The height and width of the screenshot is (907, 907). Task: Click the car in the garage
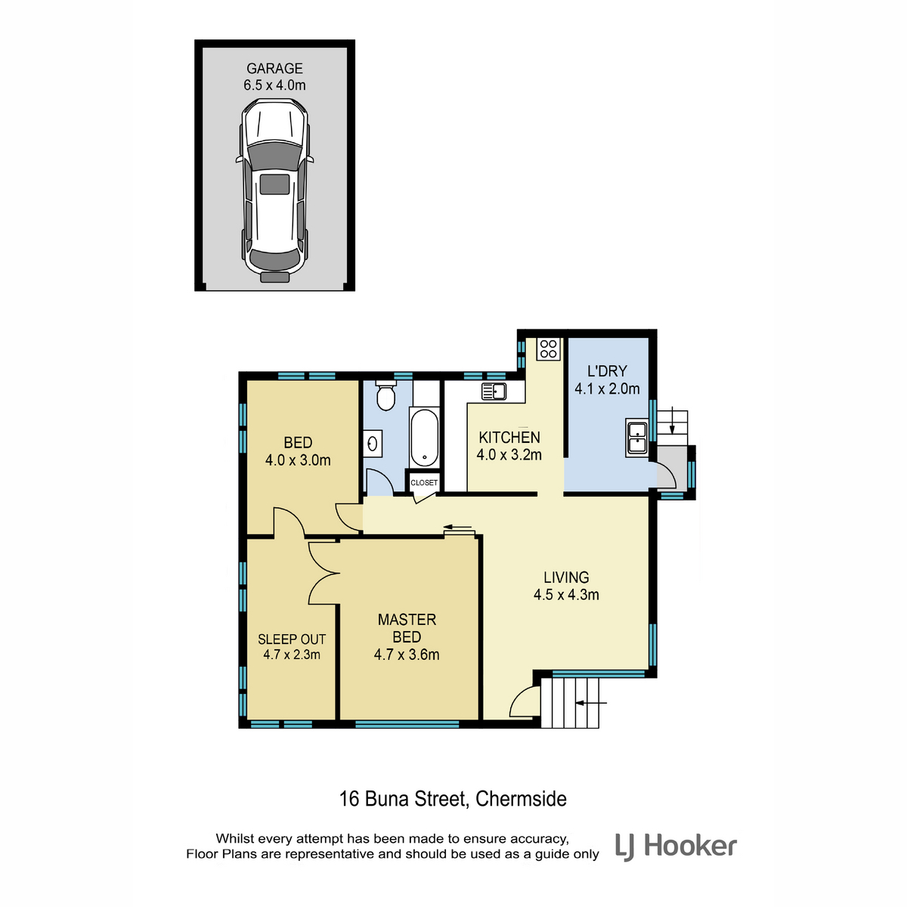[274, 190]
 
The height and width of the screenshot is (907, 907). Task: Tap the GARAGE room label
[274, 69]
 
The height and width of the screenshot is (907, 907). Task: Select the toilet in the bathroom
[386, 395]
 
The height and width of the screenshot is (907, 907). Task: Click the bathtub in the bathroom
[424, 438]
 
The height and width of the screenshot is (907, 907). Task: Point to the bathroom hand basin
[373, 444]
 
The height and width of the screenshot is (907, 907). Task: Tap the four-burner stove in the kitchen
[549, 349]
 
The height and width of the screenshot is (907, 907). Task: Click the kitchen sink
[494, 391]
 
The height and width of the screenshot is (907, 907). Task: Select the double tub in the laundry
[637, 438]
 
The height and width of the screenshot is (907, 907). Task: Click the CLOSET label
[424, 482]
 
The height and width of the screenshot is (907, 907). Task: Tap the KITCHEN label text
[509, 438]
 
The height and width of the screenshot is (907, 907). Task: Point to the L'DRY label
[607, 371]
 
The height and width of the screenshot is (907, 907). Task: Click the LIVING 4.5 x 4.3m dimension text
[566, 595]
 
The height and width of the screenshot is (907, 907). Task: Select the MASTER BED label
[407, 628]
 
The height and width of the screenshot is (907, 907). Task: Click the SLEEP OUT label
[292, 639]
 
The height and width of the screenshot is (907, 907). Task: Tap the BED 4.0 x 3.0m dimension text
[298, 460]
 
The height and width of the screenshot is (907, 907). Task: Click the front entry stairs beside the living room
[570, 703]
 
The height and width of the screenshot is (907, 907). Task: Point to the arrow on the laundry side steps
[672, 419]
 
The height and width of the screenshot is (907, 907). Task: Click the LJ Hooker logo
[676, 847]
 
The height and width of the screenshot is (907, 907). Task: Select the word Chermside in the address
[521, 799]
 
